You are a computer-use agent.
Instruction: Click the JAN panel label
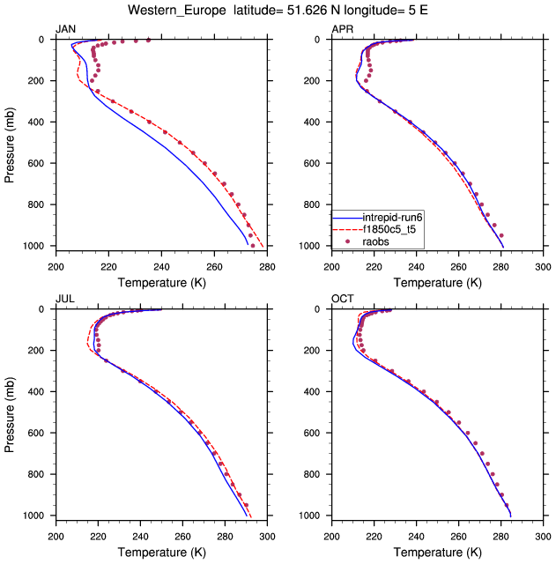(65, 30)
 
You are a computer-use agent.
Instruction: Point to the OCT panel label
(342, 300)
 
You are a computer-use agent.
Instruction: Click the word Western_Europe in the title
(170, 11)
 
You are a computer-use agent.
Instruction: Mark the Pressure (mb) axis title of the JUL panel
(11, 412)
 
